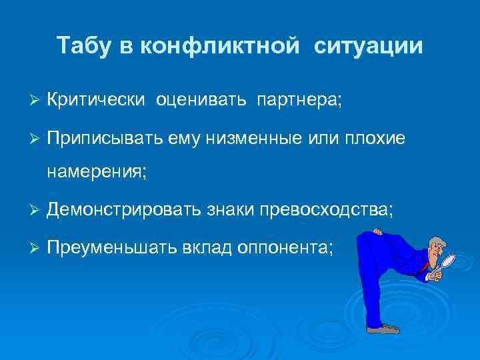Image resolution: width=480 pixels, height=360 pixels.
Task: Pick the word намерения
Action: pyautogui.click(x=97, y=173)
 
